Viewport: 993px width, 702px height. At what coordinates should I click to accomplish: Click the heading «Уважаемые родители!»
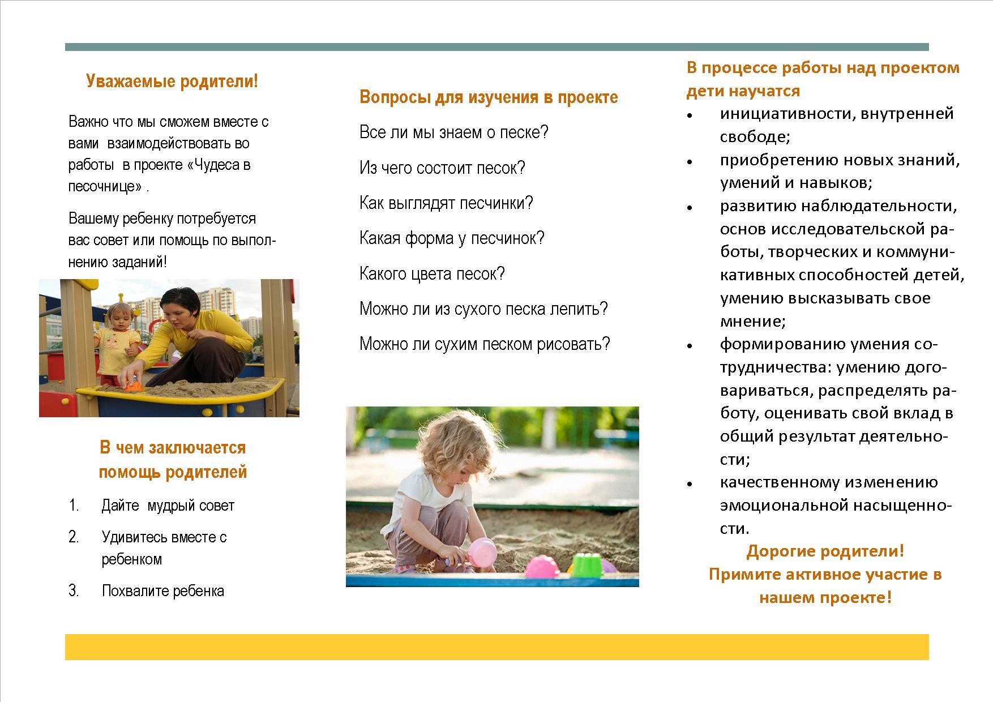tap(172, 82)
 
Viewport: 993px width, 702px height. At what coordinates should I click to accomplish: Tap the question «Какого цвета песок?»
tap(431, 274)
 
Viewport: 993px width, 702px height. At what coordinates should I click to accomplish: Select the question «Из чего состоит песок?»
tap(442, 168)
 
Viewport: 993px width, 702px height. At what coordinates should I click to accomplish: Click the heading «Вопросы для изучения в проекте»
tap(489, 97)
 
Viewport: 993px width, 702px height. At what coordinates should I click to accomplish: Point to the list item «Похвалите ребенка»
tap(163, 591)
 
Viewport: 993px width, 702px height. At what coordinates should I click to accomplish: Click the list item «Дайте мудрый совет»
tap(168, 506)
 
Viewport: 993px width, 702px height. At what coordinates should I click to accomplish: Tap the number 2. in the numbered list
tap(74, 537)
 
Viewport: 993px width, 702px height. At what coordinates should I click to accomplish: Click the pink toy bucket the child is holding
tap(482, 554)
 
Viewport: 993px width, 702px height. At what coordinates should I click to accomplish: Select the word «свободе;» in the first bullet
tap(755, 137)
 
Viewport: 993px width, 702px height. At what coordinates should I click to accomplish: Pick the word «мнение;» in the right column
tap(752, 322)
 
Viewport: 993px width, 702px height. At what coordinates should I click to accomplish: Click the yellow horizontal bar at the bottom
tap(497, 647)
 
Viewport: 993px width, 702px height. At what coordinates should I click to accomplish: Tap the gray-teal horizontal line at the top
tap(497, 47)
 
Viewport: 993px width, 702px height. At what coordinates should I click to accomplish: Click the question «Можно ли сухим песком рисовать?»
tap(485, 344)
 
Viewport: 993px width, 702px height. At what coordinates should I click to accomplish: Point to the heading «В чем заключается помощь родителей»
tap(173, 460)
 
